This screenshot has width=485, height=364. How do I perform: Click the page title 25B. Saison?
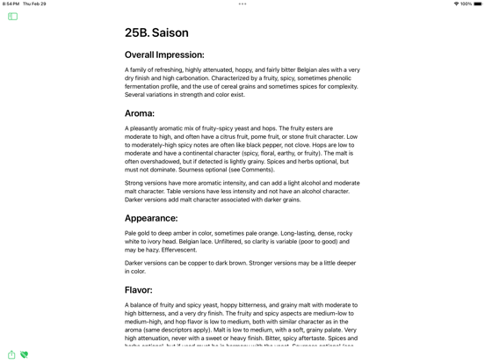tap(156, 33)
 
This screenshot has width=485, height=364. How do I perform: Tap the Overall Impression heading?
tap(164, 55)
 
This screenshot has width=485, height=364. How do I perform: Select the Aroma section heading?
tap(140, 113)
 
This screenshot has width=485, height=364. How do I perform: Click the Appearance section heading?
tap(151, 218)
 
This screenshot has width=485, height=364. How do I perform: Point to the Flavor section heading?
tap(139, 290)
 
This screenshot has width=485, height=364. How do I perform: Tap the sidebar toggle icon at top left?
tap(12, 17)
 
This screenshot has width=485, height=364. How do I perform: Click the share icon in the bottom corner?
tap(11, 355)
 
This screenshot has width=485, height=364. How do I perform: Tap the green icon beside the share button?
tap(24, 355)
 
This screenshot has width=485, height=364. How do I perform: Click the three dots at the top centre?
tap(242, 4)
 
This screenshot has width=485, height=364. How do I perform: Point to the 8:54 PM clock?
tap(11, 4)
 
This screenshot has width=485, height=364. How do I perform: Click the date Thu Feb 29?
tap(34, 4)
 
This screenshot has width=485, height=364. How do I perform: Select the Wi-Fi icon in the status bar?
tap(456, 4)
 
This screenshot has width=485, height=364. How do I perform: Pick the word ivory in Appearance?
tap(153, 242)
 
